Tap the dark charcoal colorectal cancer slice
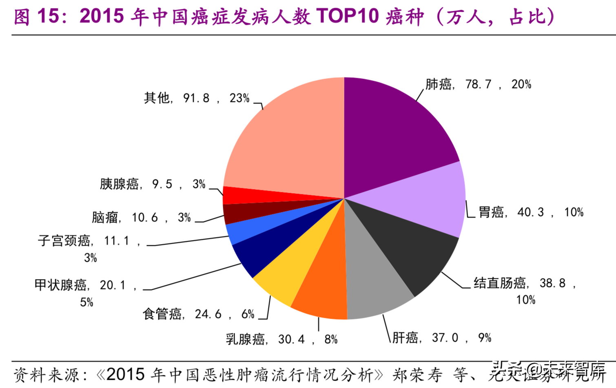[x=404, y=245]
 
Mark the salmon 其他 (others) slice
[x=290, y=143]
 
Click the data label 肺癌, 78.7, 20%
[x=478, y=84]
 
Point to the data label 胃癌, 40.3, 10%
[x=531, y=212]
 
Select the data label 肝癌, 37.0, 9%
[x=441, y=338]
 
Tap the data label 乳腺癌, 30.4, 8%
[x=281, y=339]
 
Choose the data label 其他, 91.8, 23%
[x=196, y=98]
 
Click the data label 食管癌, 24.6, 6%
[x=198, y=314]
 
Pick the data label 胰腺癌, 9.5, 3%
[x=153, y=184]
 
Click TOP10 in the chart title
[x=347, y=16]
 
